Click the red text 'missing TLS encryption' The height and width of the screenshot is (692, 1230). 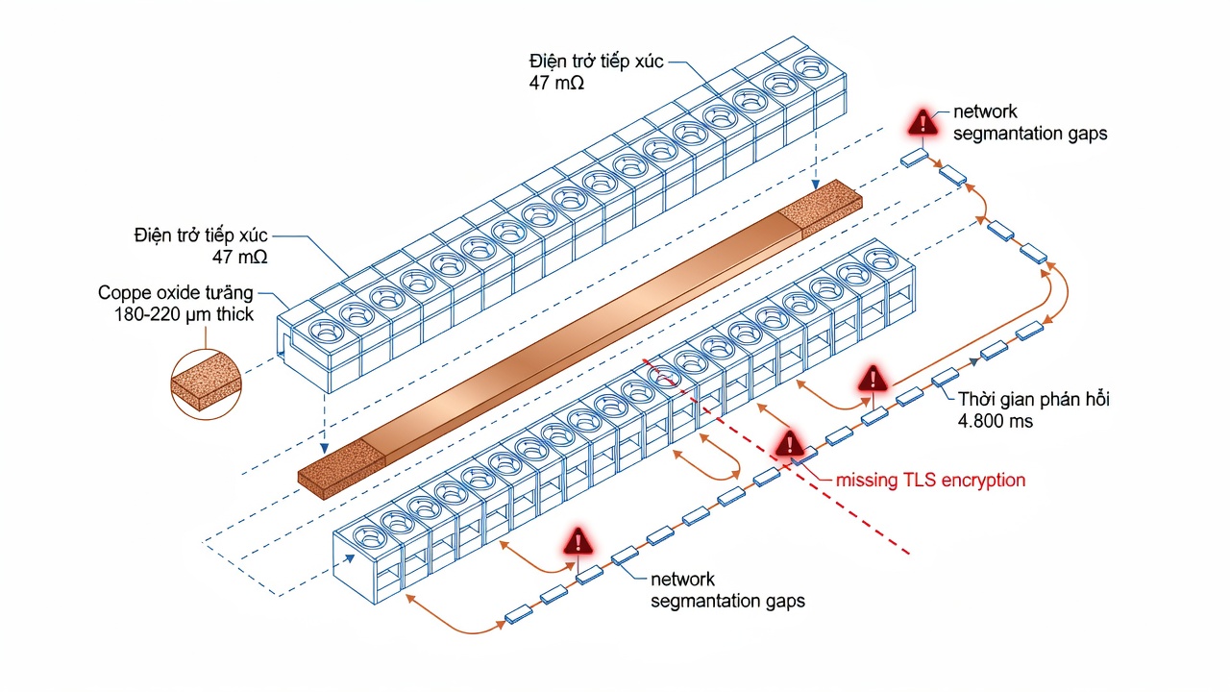click(x=930, y=481)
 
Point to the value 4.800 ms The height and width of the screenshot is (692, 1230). click(x=995, y=421)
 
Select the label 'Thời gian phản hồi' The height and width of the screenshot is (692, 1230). click(x=1033, y=399)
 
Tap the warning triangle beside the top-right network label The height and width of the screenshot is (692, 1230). click(x=923, y=122)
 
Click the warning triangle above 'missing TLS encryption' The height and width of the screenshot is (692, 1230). click(x=790, y=443)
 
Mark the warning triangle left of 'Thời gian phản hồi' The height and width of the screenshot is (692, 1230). click(x=873, y=378)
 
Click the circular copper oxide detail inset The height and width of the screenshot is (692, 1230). click(x=206, y=384)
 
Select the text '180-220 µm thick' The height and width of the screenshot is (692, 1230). click(x=184, y=314)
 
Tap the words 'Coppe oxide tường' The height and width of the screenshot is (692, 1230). click(x=176, y=293)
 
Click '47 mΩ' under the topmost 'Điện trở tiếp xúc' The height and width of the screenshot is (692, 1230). click(x=556, y=83)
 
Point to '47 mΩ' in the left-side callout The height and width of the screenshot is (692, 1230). click(x=240, y=257)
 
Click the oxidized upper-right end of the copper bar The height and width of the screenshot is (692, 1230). click(x=821, y=207)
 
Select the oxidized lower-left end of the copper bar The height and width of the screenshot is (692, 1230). click(x=341, y=468)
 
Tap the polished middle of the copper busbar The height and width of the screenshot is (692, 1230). click(x=582, y=338)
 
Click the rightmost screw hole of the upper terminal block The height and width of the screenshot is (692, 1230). click(x=810, y=68)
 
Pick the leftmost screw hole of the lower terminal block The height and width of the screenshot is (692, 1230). click(x=370, y=536)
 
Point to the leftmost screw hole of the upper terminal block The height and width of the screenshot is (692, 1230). click(x=327, y=332)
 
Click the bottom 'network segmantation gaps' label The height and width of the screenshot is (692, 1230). click(x=727, y=590)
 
